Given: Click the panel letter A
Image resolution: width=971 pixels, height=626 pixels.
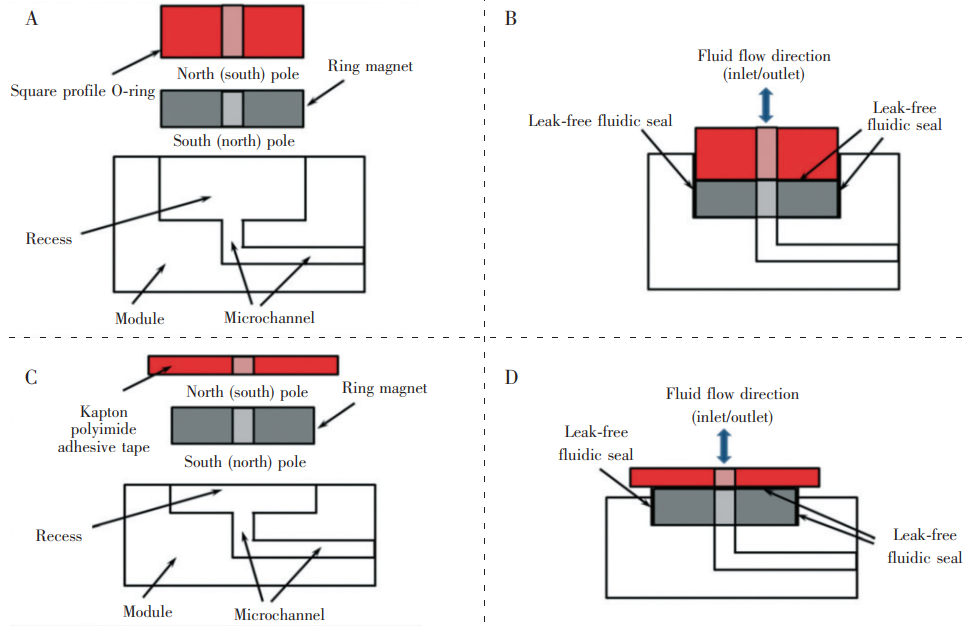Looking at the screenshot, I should [x=33, y=17].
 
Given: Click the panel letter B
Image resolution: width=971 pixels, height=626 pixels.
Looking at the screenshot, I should [x=511, y=18].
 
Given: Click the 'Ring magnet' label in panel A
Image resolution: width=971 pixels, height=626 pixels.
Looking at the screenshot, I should [x=369, y=67].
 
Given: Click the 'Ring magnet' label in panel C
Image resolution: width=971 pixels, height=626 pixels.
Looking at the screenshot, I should [x=384, y=388].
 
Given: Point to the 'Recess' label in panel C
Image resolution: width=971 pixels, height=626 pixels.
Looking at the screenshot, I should [x=58, y=536].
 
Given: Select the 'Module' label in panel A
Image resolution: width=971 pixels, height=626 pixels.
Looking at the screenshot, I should [x=139, y=319].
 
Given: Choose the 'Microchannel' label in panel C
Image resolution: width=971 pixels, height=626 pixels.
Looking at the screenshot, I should [x=279, y=614].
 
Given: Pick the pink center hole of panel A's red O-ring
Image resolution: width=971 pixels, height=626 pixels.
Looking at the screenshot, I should [x=233, y=31].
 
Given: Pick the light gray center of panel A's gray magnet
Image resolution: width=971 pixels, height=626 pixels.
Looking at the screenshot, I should [x=233, y=108].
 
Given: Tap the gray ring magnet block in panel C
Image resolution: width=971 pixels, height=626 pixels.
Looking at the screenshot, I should [x=280, y=425].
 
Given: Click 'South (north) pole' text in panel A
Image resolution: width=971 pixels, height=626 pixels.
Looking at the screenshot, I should [x=235, y=141].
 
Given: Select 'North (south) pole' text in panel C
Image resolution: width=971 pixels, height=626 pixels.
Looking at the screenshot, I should [x=247, y=392].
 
